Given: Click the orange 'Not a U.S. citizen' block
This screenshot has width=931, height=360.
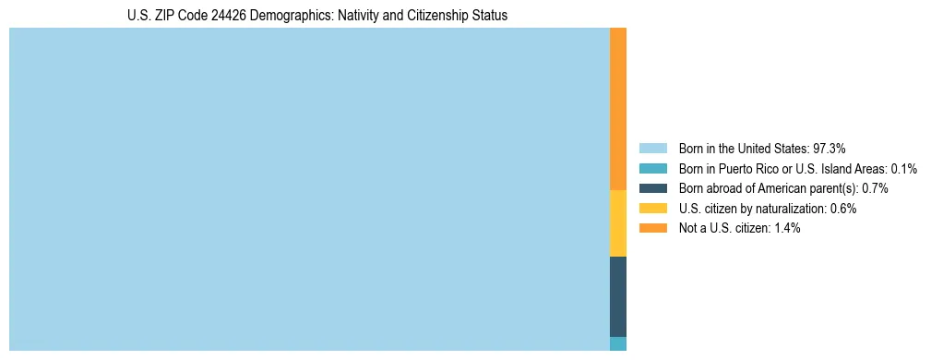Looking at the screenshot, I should click(x=618, y=109).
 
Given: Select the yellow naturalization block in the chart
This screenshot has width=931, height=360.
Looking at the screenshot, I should click(x=618, y=223).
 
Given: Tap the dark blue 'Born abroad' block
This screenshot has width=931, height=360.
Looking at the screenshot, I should click(x=618, y=296).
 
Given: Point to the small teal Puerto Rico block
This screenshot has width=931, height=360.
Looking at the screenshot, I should click(x=618, y=343).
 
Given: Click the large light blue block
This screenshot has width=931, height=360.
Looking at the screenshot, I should click(x=309, y=189).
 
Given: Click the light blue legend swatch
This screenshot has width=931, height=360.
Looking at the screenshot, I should click(x=652, y=148).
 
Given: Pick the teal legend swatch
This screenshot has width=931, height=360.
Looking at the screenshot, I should click(x=652, y=168).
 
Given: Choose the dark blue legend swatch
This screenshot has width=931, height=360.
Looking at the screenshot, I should click(x=652, y=188).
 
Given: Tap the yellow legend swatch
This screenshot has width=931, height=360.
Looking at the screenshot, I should click(x=652, y=209).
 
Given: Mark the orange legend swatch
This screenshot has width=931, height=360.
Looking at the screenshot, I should click(x=652, y=228).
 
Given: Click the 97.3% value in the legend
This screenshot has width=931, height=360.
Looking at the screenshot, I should click(x=830, y=148).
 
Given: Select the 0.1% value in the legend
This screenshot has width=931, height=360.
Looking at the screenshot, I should click(x=904, y=168).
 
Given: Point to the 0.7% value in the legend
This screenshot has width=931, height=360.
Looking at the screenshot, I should click(x=876, y=188).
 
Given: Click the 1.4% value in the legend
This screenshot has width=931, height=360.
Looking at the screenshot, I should click(x=786, y=228).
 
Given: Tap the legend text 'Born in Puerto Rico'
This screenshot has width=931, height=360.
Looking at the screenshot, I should click(x=725, y=168).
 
